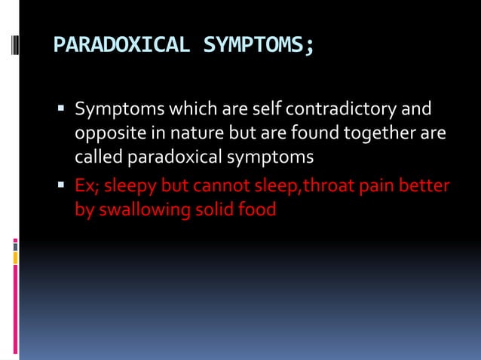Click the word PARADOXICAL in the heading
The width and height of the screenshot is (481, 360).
pos(121,47)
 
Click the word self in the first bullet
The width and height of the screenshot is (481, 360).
pos(266,111)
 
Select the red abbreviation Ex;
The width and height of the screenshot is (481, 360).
pos(86,185)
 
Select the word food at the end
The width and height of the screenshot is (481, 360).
pos(258,209)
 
